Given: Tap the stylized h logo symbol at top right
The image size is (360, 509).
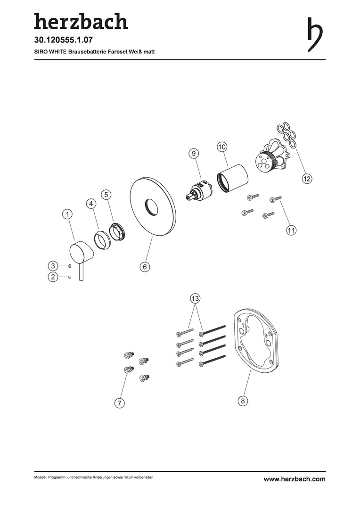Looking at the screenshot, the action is (x=315, y=34).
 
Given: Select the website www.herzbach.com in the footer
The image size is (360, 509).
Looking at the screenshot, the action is (x=295, y=479).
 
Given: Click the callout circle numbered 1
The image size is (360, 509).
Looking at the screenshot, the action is (x=67, y=214).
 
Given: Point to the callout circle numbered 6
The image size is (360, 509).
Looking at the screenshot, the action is (x=145, y=267).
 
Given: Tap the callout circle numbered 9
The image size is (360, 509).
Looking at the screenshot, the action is (x=194, y=154).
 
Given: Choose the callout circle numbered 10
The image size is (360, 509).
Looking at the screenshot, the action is (x=222, y=147).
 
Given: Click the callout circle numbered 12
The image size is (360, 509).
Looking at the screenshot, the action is (x=307, y=178).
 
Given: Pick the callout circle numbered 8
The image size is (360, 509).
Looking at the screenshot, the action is (x=243, y=401).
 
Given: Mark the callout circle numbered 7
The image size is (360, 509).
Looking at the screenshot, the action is (x=120, y=403).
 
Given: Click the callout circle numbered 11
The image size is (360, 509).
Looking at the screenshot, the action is (x=291, y=230).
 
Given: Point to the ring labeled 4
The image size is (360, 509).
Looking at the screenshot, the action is (x=101, y=240).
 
